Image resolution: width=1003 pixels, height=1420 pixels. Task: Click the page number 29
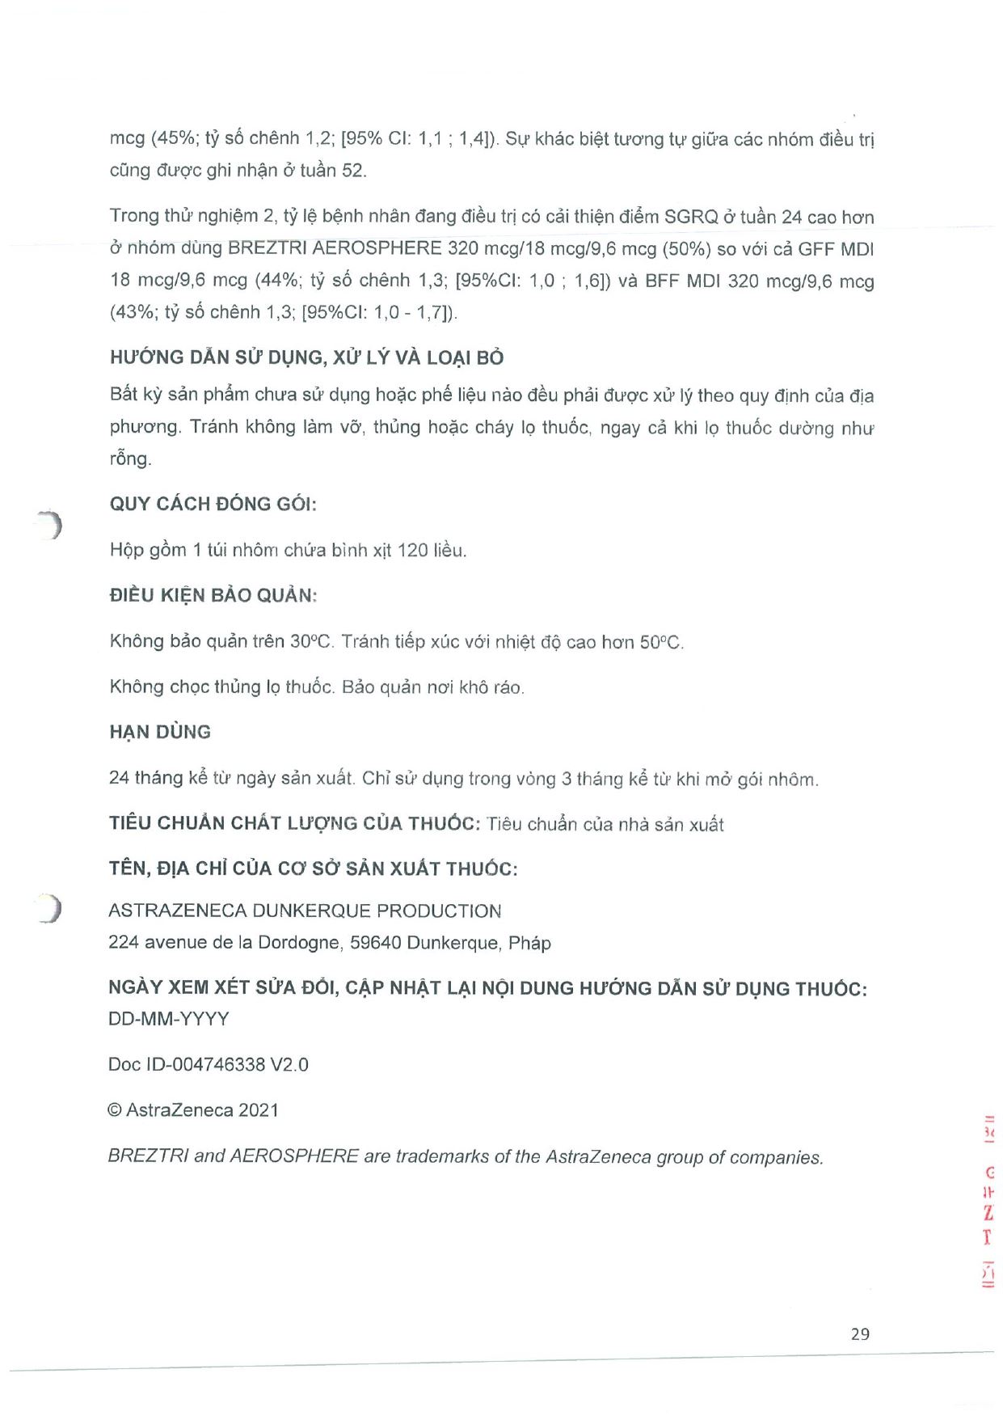(x=860, y=1333)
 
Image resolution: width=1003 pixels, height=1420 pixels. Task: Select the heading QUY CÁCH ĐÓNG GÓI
(x=213, y=504)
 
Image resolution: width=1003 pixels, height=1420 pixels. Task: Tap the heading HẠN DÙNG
(x=160, y=732)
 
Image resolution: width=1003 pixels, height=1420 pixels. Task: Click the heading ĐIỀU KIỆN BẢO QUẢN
(x=213, y=596)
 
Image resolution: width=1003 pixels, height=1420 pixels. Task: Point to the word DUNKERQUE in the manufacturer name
(x=311, y=911)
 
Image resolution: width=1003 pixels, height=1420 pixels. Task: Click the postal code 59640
(x=375, y=943)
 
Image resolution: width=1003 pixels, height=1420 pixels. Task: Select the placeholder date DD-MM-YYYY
(x=168, y=1019)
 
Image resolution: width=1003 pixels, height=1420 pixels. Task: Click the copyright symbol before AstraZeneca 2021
(x=115, y=1110)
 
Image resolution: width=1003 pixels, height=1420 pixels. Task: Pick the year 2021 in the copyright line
(x=258, y=1110)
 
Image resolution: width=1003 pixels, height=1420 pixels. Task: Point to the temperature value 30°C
(x=311, y=642)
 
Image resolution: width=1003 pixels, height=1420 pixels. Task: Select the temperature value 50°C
(x=661, y=643)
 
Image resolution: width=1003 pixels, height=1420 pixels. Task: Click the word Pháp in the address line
(x=529, y=943)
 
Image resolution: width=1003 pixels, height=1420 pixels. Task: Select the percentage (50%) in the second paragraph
(x=686, y=248)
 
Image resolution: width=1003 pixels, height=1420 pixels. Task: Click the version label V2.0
(x=289, y=1064)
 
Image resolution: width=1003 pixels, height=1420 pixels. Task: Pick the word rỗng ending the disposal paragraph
(x=130, y=459)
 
